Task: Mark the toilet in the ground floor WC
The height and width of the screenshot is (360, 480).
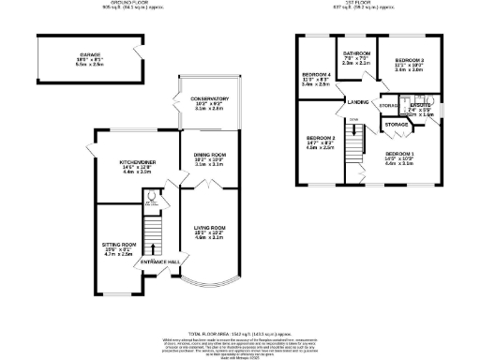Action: click(151, 198)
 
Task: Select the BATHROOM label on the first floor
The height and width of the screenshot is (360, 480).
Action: click(356, 54)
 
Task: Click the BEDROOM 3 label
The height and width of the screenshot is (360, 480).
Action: click(410, 61)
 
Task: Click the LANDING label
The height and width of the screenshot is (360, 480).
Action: click(356, 101)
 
